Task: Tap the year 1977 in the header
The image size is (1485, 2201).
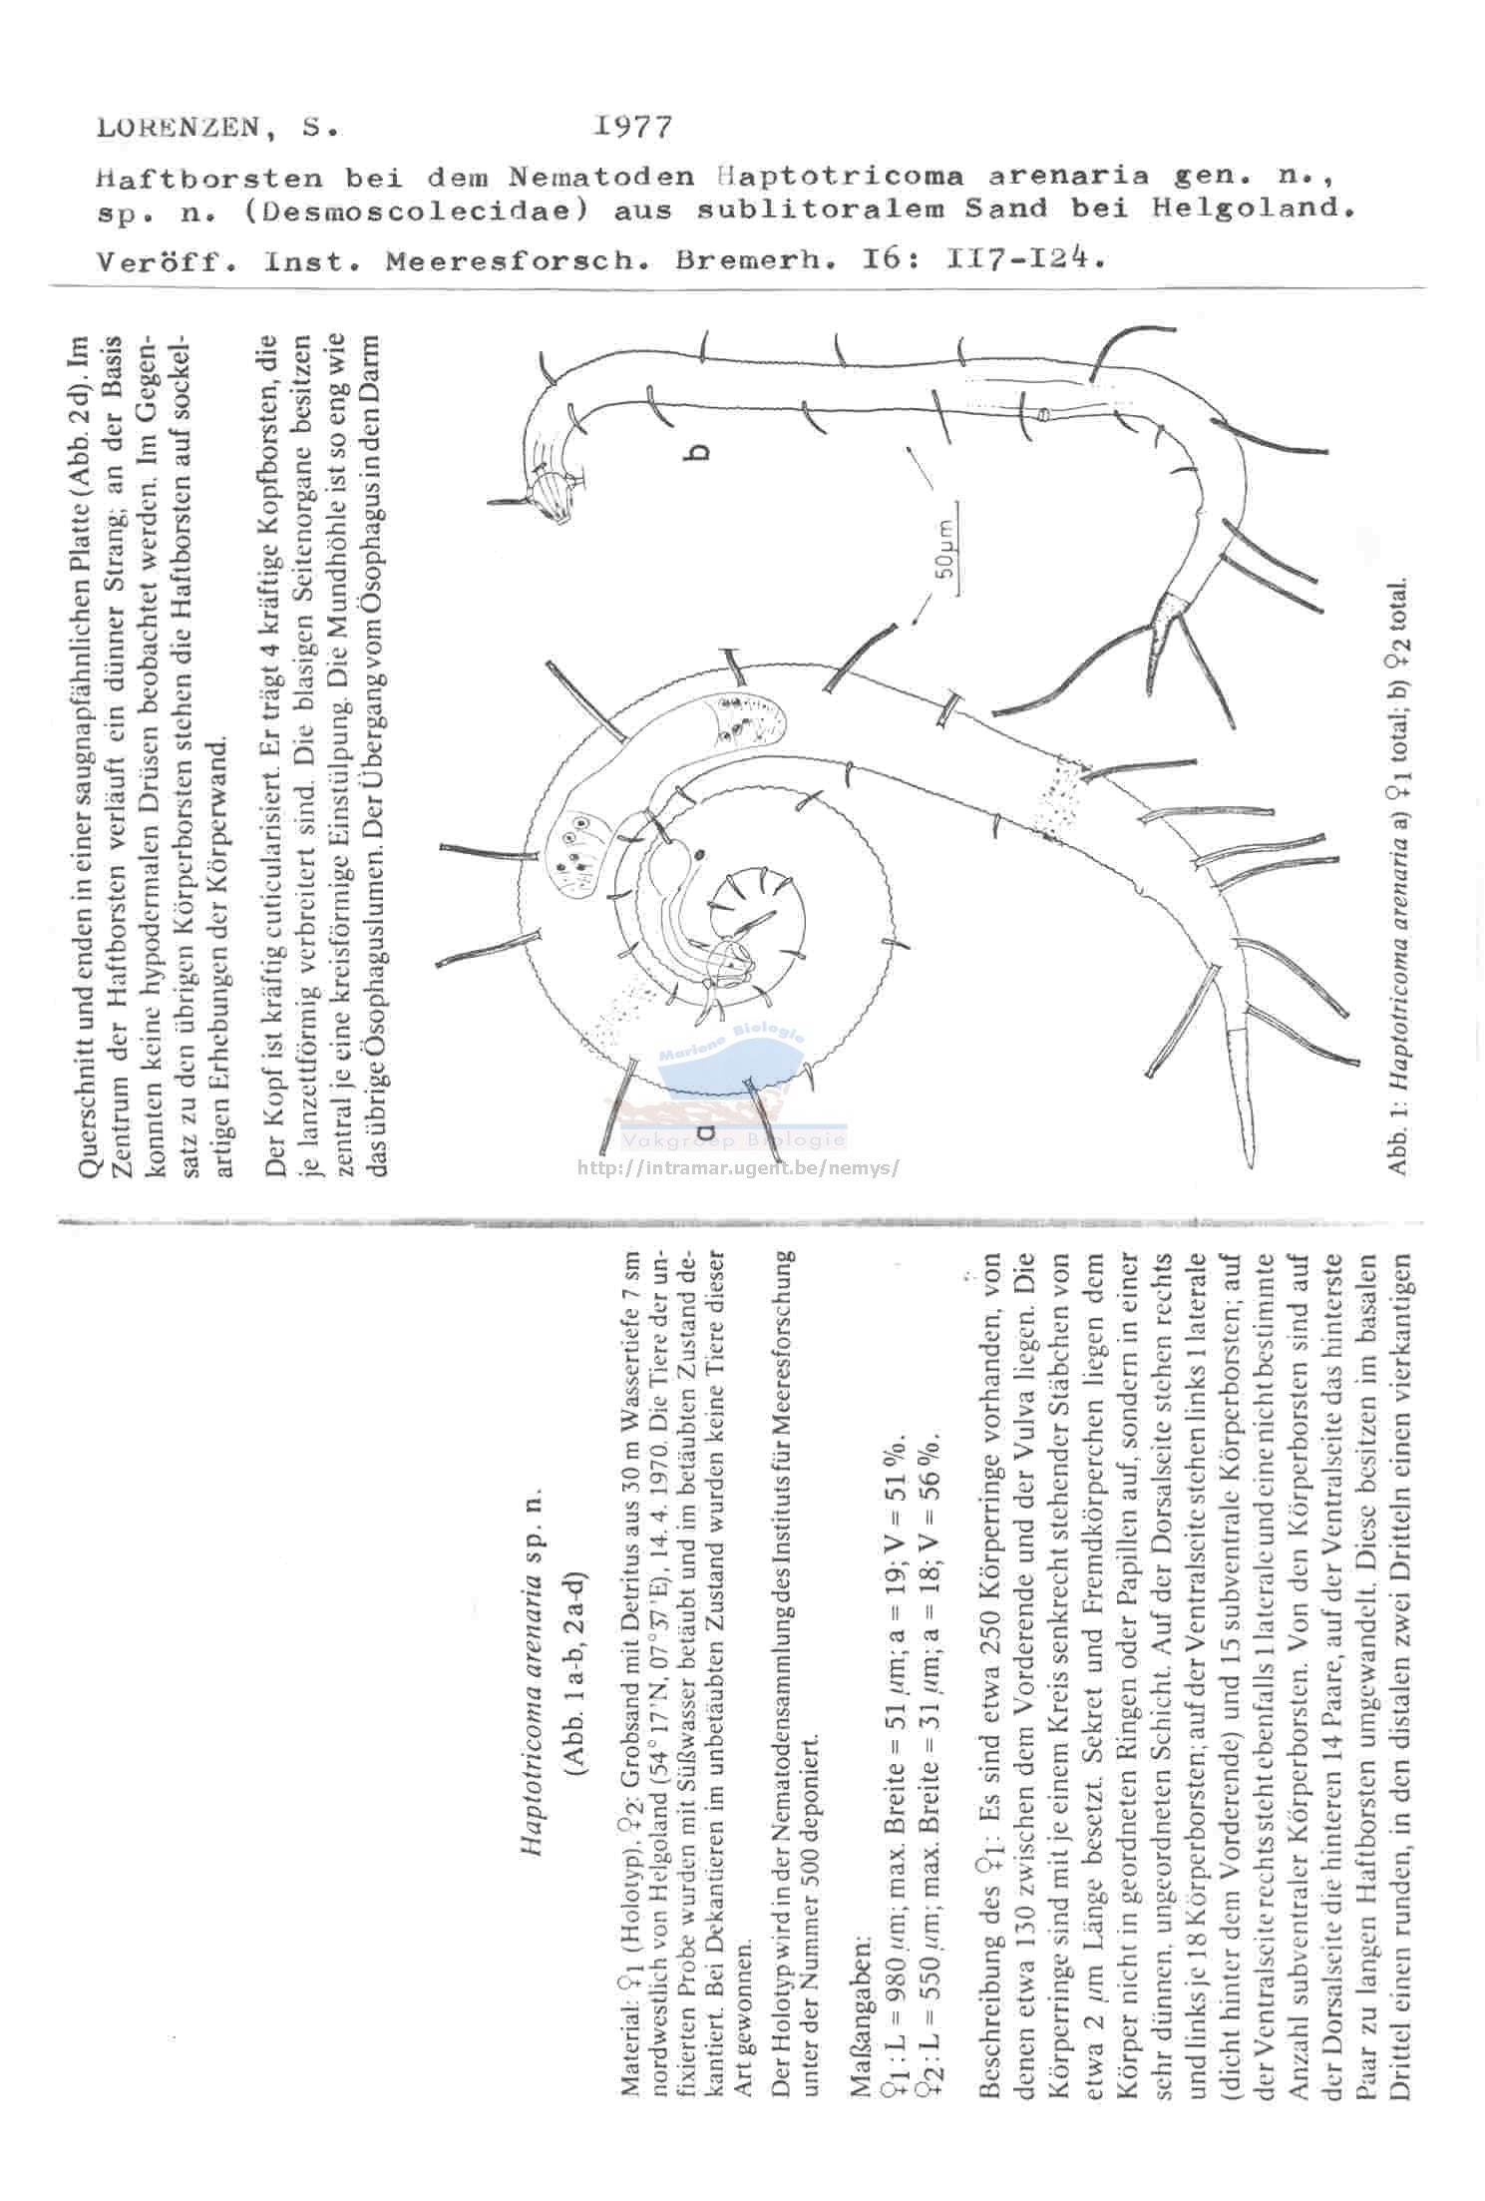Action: [x=632, y=127]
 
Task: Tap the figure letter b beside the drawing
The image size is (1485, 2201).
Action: [x=700, y=452]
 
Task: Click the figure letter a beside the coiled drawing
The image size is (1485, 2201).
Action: [x=706, y=1131]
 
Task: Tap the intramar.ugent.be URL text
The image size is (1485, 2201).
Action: [x=738, y=1166]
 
